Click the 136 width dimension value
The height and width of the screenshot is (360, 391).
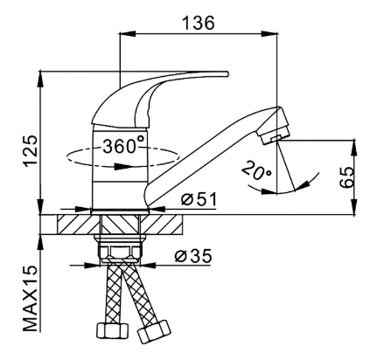[199, 23]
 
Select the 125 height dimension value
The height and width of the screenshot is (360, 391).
[31, 151]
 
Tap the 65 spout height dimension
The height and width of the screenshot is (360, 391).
[347, 177]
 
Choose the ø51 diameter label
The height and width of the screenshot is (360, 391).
[199, 199]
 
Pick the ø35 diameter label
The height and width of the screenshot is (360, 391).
[193, 256]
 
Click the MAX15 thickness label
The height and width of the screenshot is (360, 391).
[31, 298]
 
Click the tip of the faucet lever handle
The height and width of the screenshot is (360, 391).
[227, 73]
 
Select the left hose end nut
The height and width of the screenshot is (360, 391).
[112, 330]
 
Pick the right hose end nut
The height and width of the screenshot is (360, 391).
[154, 331]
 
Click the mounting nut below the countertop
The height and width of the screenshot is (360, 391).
[120, 251]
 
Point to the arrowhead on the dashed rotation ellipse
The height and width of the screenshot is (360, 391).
[123, 167]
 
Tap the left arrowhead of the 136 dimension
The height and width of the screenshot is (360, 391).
[129, 33]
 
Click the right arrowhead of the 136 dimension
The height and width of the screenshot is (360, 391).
[269, 33]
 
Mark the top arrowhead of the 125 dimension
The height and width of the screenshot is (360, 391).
[41, 79]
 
